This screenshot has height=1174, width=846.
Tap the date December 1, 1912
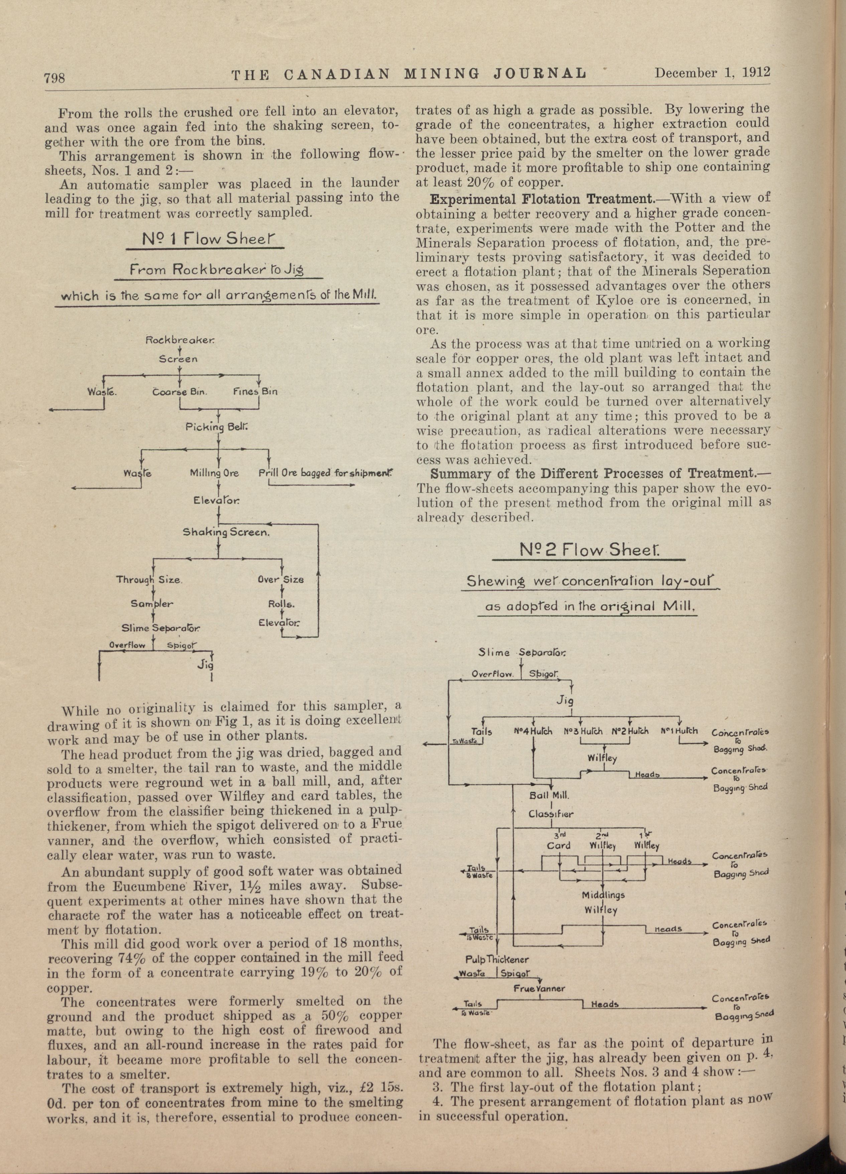(713, 73)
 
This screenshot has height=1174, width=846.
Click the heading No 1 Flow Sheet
(208, 239)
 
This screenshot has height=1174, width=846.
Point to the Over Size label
(280, 580)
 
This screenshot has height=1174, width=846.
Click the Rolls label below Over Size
(281, 604)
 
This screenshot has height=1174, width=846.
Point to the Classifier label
(551, 814)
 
